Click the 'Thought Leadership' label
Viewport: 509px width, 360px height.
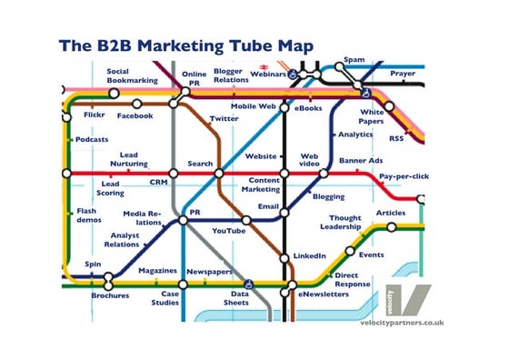pyautogui.click(x=345, y=223)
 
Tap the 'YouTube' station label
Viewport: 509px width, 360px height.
pyautogui.click(x=228, y=231)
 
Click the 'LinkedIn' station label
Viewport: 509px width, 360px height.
pyautogui.click(x=310, y=255)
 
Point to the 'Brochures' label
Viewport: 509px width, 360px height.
pyautogui.click(x=110, y=295)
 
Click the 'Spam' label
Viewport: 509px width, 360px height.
pyautogui.click(x=354, y=61)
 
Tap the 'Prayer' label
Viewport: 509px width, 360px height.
pyautogui.click(x=404, y=73)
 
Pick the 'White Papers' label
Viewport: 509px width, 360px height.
pyautogui.click(x=372, y=116)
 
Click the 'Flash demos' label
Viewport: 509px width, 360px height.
pyautogui.click(x=87, y=215)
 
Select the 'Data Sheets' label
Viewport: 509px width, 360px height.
pyautogui.click(x=240, y=299)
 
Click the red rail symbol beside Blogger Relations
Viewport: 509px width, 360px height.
pyautogui.click(x=264, y=66)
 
